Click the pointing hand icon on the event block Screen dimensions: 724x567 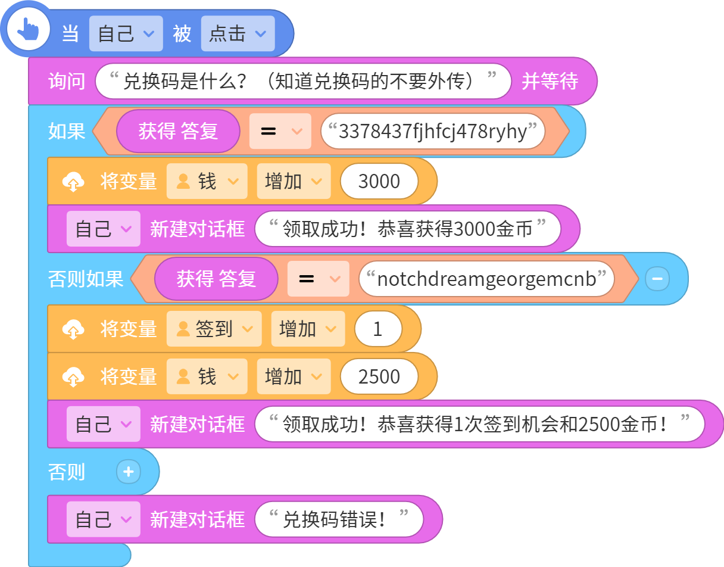point(28,29)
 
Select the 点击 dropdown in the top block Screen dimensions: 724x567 point(238,33)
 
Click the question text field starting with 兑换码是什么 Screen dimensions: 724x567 point(303,81)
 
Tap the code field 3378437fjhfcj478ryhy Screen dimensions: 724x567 point(432,131)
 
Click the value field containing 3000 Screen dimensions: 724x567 point(379,181)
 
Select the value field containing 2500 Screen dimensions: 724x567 point(379,376)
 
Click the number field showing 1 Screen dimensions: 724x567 point(378,329)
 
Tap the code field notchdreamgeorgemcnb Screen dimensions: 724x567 point(486,279)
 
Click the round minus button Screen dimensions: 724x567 point(657,279)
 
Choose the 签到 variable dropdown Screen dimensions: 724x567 point(214,329)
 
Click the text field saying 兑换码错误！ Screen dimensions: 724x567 point(339,519)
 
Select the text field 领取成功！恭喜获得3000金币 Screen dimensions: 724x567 point(407,229)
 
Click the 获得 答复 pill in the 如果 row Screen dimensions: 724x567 point(178,131)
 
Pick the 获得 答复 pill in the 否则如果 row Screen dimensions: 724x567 point(216,279)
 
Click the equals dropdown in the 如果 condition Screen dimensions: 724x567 point(280,131)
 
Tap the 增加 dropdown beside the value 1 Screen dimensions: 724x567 point(308,329)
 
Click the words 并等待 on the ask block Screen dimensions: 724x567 point(550,81)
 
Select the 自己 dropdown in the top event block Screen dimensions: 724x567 point(126,33)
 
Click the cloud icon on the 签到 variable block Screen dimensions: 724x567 point(73,329)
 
